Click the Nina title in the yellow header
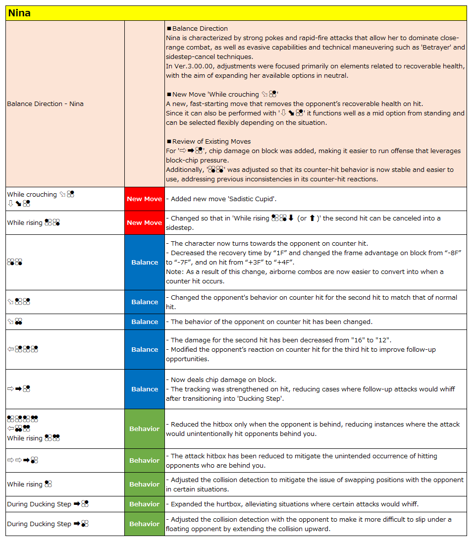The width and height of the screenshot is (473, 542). (19, 13)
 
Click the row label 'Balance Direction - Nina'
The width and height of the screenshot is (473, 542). (45, 104)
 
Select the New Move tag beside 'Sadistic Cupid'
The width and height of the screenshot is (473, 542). (144, 199)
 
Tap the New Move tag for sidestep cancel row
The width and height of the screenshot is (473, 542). (144, 223)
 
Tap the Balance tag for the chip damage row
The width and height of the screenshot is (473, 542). (144, 389)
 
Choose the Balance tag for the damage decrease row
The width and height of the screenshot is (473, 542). (144, 350)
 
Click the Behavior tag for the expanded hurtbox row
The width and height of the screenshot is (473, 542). (144, 504)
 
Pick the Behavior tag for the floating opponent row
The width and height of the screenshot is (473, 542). (144, 524)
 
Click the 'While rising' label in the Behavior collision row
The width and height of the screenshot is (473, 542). (25, 485)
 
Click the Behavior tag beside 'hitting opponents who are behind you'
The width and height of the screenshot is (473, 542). (144, 461)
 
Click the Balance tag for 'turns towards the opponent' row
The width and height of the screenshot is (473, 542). (144, 263)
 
